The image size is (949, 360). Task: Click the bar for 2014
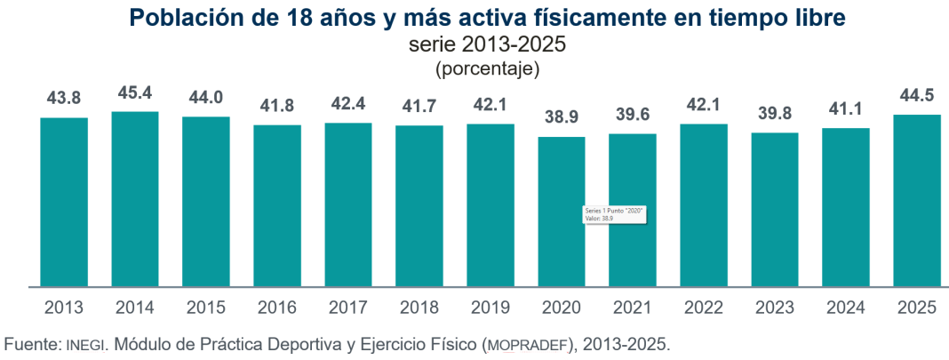pyautogui.click(x=135, y=199)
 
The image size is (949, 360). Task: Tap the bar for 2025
pyautogui.click(x=917, y=201)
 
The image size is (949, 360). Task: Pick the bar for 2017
pyautogui.click(x=348, y=204)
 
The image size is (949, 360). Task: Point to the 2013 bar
pyautogui.click(x=64, y=203)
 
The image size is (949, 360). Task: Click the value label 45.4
pyautogui.click(x=135, y=92)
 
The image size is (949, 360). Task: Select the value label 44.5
pyautogui.click(x=917, y=96)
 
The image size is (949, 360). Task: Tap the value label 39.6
pyautogui.click(x=633, y=116)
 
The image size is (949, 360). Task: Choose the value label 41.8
pyautogui.click(x=277, y=107)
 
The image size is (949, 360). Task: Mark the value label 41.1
pyautogui.click(x=846, y=110)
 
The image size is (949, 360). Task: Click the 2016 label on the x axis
pyautogui.click(x=277, y=308)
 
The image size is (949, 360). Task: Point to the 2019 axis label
pyautogui.click(x=490, y=308)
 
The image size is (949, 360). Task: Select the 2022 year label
pyautogui.click(x=704, y=308)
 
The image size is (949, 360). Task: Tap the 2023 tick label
pyautogui.click(x=775, y=308)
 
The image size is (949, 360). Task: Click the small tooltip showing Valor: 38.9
pyautogui.click(x=613, y=214)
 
